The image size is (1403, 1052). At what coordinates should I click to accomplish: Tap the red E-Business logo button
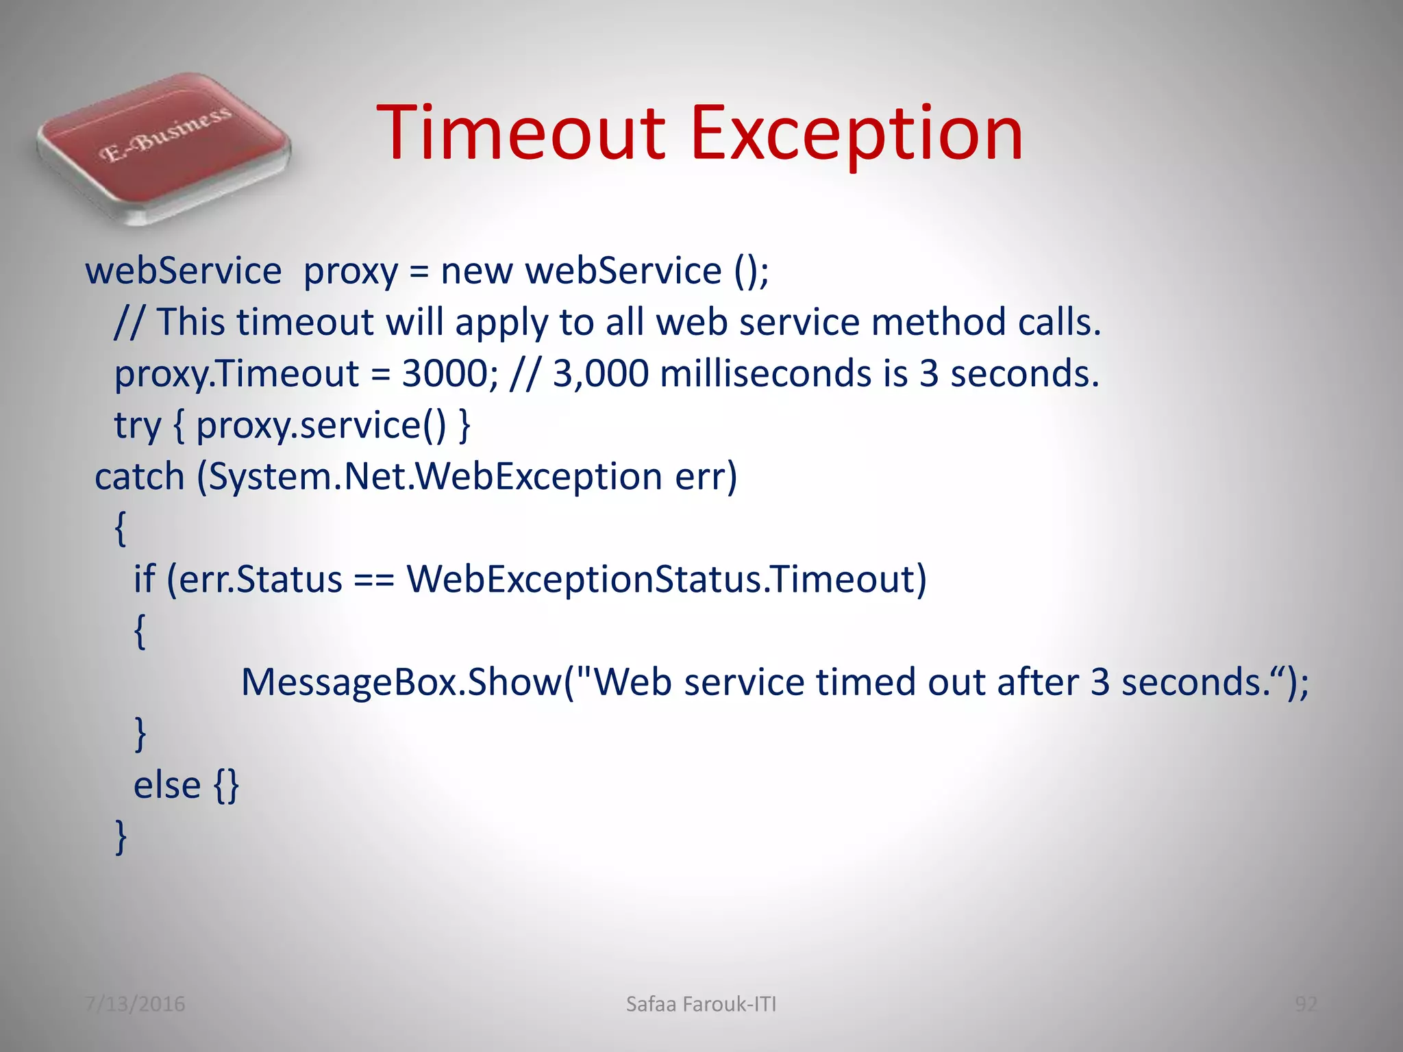tap(163, 147)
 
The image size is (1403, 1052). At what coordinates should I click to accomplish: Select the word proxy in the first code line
tap(350, 271)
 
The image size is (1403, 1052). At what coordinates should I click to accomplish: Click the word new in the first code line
tap(476, 271)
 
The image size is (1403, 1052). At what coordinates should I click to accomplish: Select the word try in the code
tap(137, 426)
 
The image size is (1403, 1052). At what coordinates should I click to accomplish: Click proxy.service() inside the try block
tap(321, 426)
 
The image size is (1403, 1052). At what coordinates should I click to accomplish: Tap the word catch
tap(140, 477)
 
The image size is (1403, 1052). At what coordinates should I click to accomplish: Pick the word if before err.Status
tap(144, 579)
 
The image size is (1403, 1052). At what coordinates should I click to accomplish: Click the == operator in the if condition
tap(374, 579)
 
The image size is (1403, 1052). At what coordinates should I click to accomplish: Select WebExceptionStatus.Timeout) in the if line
tap(666, 579)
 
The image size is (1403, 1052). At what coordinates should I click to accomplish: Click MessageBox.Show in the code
tap(401, 683)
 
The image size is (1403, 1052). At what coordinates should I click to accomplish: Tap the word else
tap(166, 786)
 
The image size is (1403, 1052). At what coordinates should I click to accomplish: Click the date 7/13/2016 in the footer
tap(135, 1004)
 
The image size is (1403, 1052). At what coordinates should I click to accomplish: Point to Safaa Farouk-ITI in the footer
tap(701, 1004)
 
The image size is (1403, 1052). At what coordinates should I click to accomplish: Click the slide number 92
tap(1306, 1004)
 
